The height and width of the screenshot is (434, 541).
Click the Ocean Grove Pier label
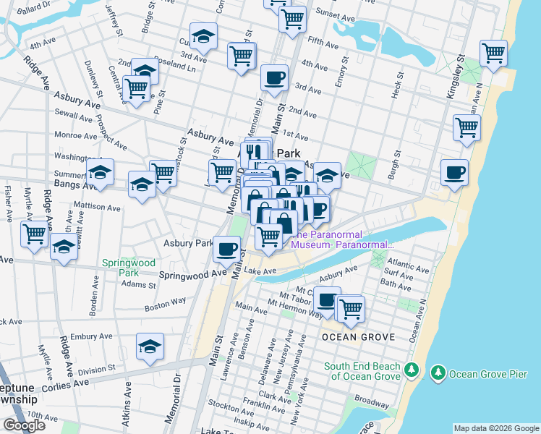coord(483,374)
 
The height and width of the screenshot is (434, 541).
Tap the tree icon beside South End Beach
coord(412,370)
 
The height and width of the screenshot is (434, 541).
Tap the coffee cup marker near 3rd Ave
coord(274,79)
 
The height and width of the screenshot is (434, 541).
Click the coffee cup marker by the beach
coord(454,174)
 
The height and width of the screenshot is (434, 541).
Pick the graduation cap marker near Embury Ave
coord(150,347)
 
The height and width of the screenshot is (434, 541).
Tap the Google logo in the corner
coord(24,425)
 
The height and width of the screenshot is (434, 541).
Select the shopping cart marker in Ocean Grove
coord(351,308)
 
